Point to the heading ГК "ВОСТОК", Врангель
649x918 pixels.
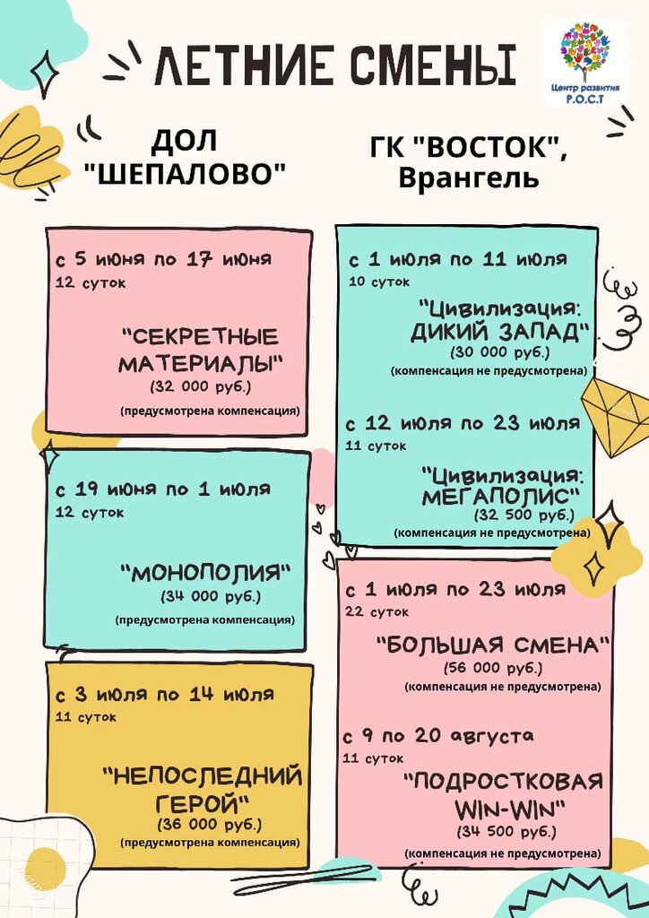[468, 162]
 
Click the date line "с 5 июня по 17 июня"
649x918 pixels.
[163, 261]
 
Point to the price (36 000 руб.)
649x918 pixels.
[210, 824]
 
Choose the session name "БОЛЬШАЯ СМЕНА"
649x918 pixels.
[494, 645]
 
